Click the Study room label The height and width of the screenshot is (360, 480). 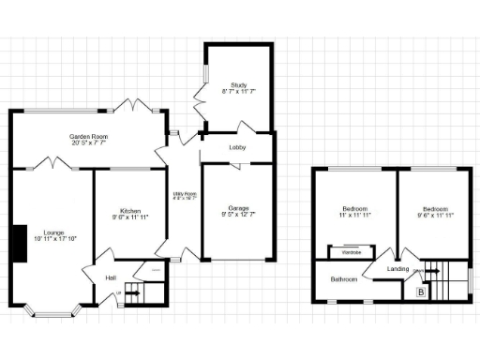click(x=237, y=84)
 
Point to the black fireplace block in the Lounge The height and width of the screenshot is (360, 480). click(x=18, y=242)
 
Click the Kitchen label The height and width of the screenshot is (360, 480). click(x=129, y=211)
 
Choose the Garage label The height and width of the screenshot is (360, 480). click(x=237, y=207)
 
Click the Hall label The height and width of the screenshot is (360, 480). click(x=111, y=277)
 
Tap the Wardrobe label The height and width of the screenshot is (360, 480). click(x=351, y=251)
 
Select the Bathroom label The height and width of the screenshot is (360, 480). click(x=341, y=278)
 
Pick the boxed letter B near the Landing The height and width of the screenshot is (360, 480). click(x=419, y=293)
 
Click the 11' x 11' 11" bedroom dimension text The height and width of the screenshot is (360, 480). click(x=353, y=215)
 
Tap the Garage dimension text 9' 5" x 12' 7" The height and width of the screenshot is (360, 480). click(x=237, y=215)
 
